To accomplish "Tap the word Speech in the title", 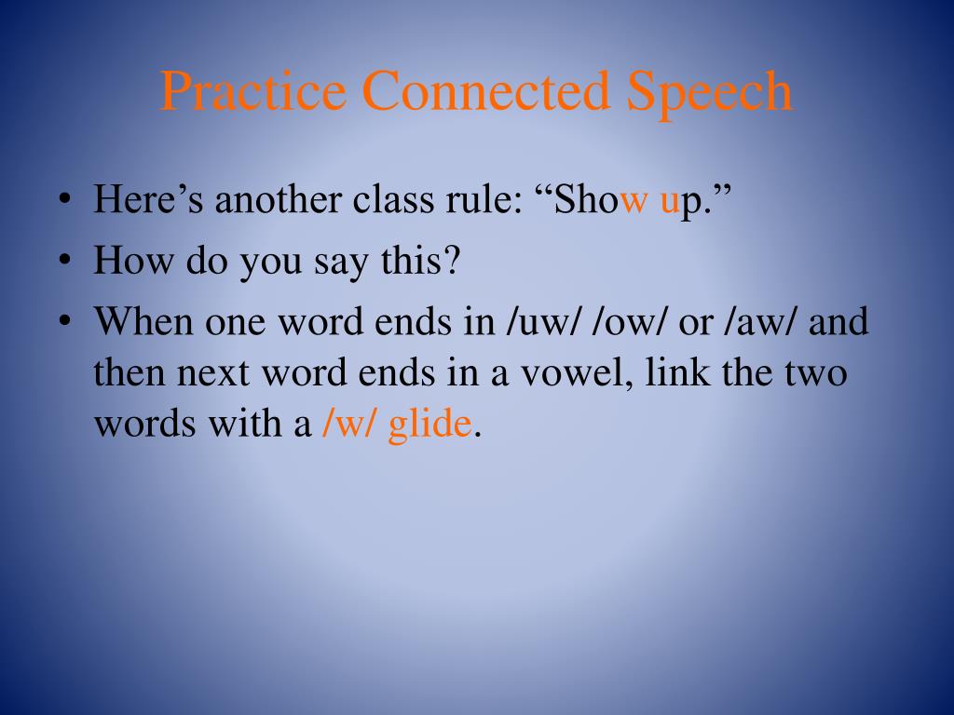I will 710,92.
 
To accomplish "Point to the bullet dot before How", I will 65,262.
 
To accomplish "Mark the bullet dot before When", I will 65,323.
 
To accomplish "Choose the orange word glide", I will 429,425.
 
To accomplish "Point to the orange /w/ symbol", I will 349,425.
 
